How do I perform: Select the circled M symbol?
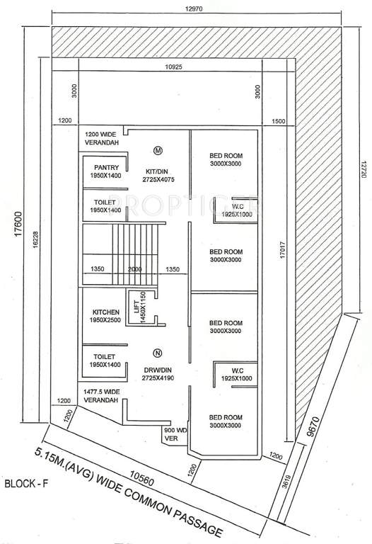[158, 150]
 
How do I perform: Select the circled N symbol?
[157, 352]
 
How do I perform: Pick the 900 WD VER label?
[174, 434]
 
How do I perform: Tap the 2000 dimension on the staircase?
[134, 269]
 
